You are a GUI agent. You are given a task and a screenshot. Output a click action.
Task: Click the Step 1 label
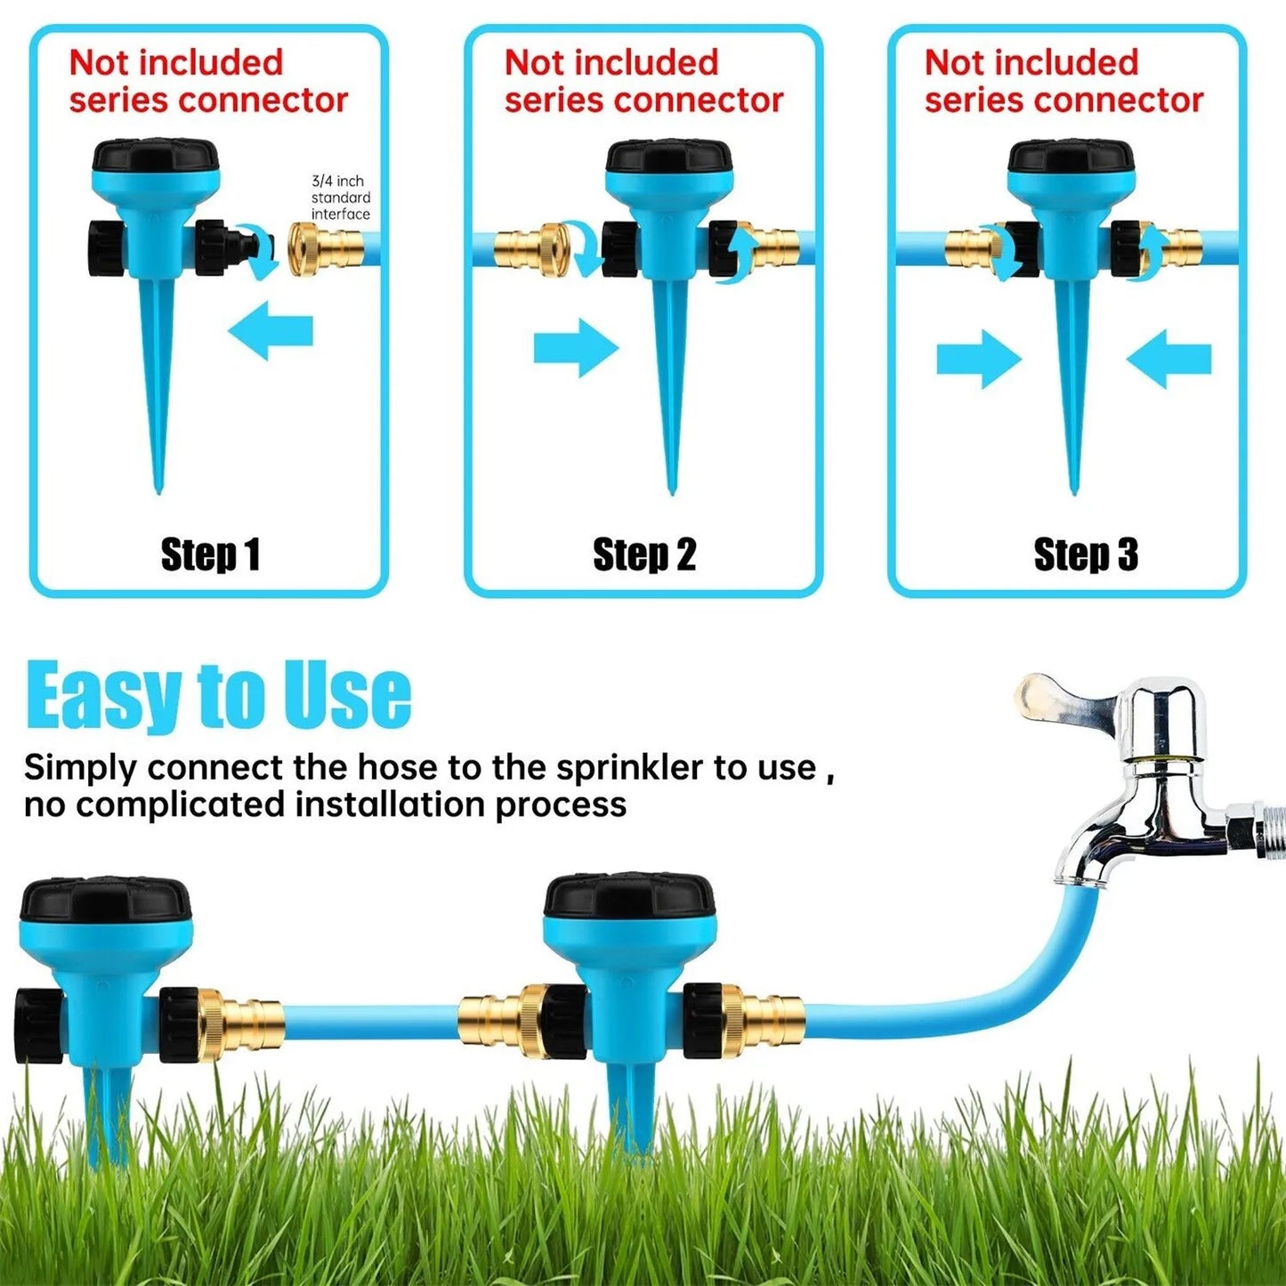210,555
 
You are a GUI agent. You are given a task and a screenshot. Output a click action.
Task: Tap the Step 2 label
644,555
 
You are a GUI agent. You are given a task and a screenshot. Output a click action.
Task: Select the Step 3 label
1086,555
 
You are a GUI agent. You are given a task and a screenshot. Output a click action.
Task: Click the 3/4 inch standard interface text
340,198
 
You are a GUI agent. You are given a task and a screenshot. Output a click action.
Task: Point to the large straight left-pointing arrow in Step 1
271,331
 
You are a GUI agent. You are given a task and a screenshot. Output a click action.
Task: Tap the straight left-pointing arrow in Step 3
1169,360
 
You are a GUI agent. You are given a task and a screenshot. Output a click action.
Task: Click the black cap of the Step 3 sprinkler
1072,156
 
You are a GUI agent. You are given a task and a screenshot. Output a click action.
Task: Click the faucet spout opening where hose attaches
1080,879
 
